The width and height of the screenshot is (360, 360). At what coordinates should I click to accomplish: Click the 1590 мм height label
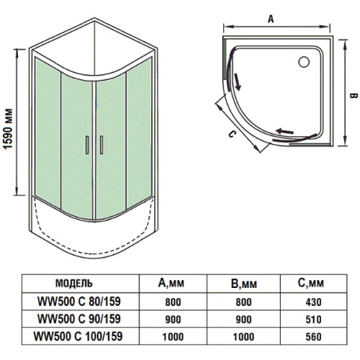9,129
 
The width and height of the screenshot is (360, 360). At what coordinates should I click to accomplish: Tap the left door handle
87,145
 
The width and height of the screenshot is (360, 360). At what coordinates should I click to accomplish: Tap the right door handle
102,145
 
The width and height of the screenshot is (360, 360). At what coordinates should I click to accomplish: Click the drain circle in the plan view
304,62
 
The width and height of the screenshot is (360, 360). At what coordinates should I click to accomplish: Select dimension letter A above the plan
271,19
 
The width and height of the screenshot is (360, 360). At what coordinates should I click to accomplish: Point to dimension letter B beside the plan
353,96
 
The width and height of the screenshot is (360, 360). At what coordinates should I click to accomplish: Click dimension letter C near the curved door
231,135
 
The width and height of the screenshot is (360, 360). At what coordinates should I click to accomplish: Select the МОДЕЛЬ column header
74,284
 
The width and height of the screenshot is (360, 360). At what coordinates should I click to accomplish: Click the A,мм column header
171,283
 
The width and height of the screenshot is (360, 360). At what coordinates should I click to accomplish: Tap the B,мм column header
244,284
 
